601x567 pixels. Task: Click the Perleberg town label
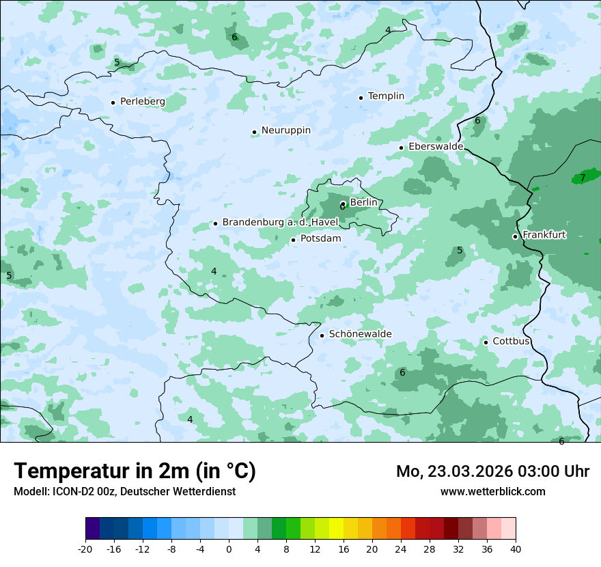pos(142,101)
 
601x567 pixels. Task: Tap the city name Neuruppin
pos(285,130)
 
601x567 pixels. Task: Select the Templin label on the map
pos(386,96)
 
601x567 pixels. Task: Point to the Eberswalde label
pos(436,147)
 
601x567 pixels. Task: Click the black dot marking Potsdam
pos(293,240)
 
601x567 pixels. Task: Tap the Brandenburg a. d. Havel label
pos(280,223)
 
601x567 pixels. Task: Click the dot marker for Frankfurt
pos(515,236)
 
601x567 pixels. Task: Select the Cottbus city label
pos(511,342)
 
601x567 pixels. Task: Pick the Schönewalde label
pos(360,334)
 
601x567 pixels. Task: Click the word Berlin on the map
pos(363,202)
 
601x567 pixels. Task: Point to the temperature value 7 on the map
pos(583,178)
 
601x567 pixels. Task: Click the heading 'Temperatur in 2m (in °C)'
pos(135,471)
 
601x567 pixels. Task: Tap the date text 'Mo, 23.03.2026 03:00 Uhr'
pos(492,471)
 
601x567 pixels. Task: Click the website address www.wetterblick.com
pos(492,491)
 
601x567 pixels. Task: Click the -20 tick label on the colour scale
pos(85,549)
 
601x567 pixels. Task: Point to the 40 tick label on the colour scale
pos(515,549)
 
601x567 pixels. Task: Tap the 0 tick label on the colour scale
pos(229,549)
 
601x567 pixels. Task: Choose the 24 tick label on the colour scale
pos(401,549)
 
